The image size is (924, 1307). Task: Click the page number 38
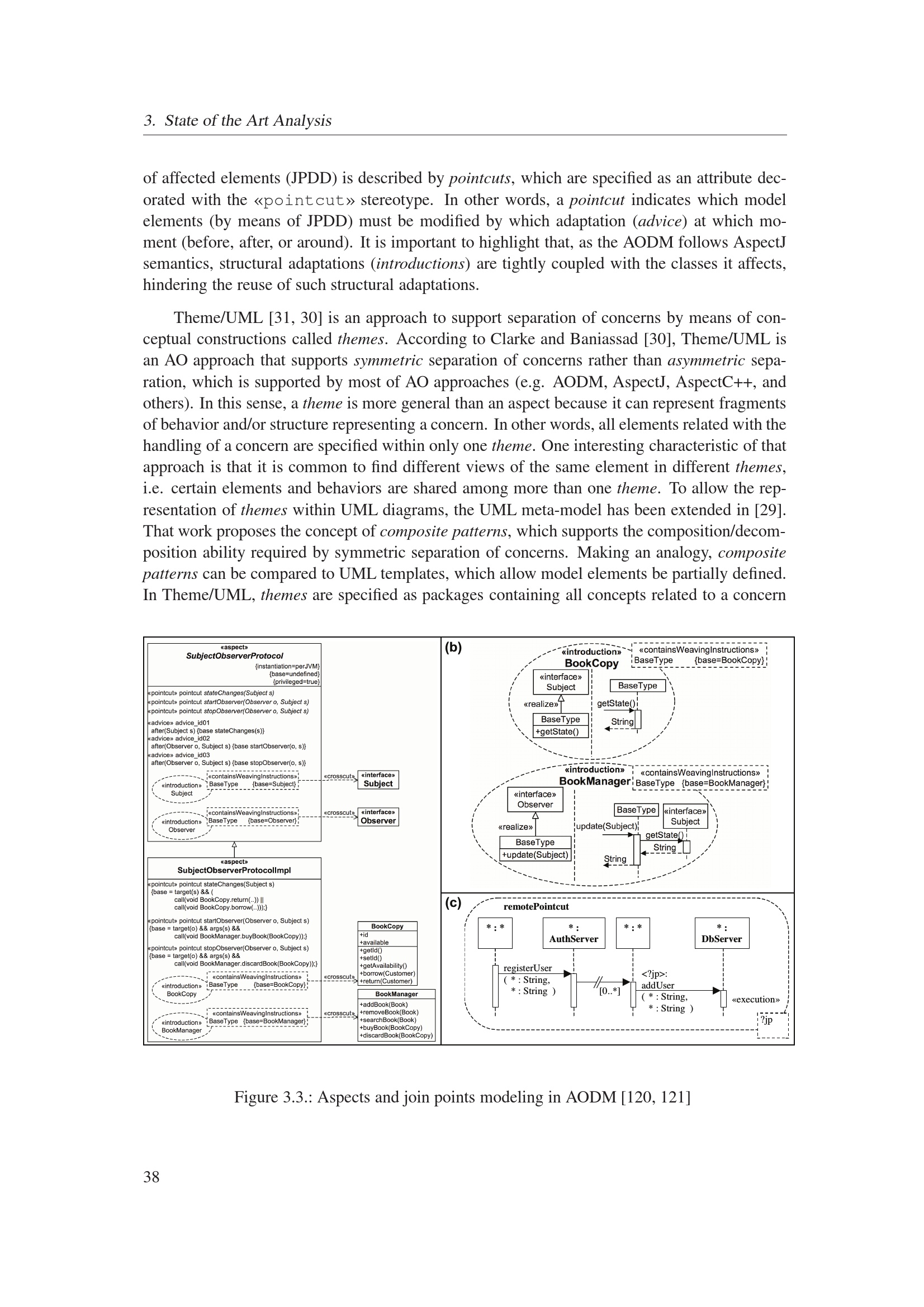151,1177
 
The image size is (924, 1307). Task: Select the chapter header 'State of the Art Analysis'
248,121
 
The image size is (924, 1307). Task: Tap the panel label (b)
453,647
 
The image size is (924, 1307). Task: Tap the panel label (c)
453,903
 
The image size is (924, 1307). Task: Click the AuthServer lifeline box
574,934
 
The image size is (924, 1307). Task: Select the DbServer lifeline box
721,934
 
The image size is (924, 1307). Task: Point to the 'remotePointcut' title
536,907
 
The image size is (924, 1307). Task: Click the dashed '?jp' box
773,1025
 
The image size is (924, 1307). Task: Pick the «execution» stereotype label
756,1000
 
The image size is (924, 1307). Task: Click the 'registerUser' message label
527,968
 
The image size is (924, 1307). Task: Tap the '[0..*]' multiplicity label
609,991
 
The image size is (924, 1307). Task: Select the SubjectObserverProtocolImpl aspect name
234,871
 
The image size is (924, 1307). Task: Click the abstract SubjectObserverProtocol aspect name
234,656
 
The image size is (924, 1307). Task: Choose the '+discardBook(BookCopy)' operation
396,1035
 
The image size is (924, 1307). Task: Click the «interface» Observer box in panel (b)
534,799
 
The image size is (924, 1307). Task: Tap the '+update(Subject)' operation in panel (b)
534,854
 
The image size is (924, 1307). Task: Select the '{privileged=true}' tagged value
296,681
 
